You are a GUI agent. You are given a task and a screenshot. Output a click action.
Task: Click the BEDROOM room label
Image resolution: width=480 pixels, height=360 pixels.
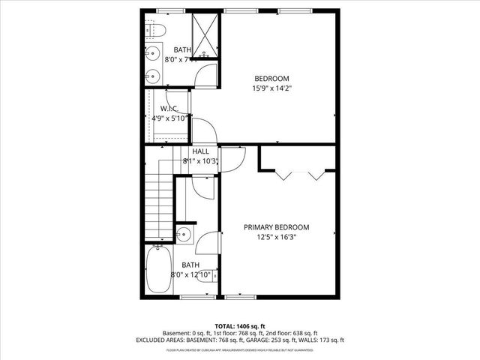(x=271, y=78)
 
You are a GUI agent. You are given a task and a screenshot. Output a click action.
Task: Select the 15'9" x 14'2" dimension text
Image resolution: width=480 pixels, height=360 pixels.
(x=271, y=88)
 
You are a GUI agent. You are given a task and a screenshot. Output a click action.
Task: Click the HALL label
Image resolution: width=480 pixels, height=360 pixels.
(x=200, y=151)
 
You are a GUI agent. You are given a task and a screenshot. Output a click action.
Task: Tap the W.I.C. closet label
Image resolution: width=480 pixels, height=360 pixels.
(x=169, y=108)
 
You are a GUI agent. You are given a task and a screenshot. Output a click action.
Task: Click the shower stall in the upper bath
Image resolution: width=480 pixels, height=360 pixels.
(x=204, y=34)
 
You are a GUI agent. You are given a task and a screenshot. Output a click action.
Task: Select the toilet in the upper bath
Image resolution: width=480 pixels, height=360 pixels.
(x=154, y=31)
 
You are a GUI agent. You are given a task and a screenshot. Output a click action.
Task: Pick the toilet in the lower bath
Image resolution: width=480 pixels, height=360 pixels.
(x=202, y=186)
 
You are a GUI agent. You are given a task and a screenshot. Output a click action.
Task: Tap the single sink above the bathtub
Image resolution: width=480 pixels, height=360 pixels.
(x=184, y=234)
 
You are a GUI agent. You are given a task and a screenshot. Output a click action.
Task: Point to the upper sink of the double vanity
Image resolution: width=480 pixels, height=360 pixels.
(x=152, y=53)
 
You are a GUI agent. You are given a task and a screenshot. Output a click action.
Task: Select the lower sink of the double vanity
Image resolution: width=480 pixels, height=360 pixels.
(x=152, y=74)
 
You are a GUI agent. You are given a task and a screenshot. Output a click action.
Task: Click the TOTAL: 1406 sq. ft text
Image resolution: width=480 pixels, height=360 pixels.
(x=240, y=326)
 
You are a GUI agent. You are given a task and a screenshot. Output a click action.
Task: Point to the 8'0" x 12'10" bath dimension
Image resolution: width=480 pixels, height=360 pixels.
(x=190, y=275)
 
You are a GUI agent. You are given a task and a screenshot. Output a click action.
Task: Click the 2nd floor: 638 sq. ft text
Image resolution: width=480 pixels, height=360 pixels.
(x=292, y=334)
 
